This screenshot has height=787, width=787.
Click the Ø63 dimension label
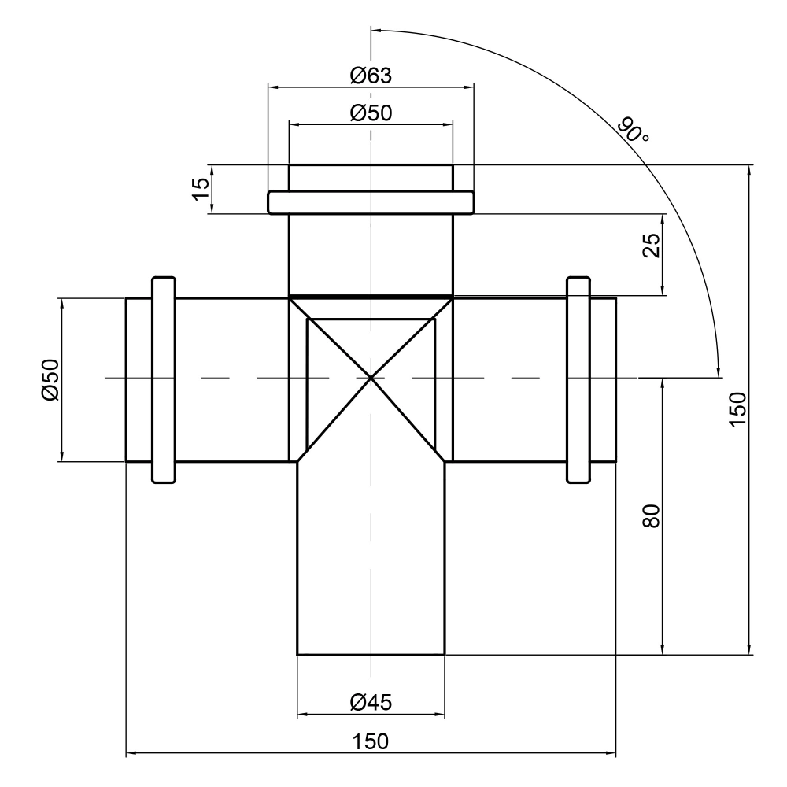[x=371, y=76]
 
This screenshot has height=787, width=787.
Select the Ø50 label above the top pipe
[x=371, y=113]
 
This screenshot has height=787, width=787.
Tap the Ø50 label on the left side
[x=50, y=379]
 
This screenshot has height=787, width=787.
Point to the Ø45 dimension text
[x=371, y=702]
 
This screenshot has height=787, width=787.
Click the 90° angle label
[x=633, y=130]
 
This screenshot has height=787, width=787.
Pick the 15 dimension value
[x=201, y=189]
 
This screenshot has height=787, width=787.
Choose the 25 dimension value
[x=652, y=246]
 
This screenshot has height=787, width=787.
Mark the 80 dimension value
[x=652, y=516]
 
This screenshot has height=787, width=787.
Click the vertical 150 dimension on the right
[x=738, y=409]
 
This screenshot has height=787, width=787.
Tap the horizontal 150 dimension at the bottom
[x=371, y=741]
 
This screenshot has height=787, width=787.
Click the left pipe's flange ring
[x=164, y=379]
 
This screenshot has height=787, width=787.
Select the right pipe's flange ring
[x=578, y=379]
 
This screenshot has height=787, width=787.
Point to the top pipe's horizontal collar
[x=371, y=202]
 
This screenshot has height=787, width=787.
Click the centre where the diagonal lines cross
[x=371, y=378]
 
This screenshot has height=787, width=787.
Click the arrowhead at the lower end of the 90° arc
[x=719, y=371]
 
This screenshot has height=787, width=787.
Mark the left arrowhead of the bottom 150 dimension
[x=131, y=752]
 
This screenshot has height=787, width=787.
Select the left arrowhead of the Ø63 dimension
[x=275, y=87]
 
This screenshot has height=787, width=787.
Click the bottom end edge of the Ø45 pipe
[x=371, y=655]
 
